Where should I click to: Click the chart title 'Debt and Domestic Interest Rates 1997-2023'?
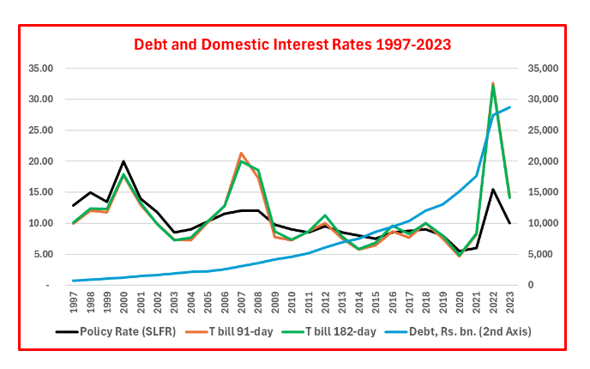click(292, 43)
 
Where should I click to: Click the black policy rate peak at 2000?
click(124, 161)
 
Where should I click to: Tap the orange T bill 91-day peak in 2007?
click(242, 153)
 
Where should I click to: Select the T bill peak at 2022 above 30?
click(492, 84)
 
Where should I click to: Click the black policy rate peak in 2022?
click(492, 190)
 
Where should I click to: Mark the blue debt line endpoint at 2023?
click(509, 107)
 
